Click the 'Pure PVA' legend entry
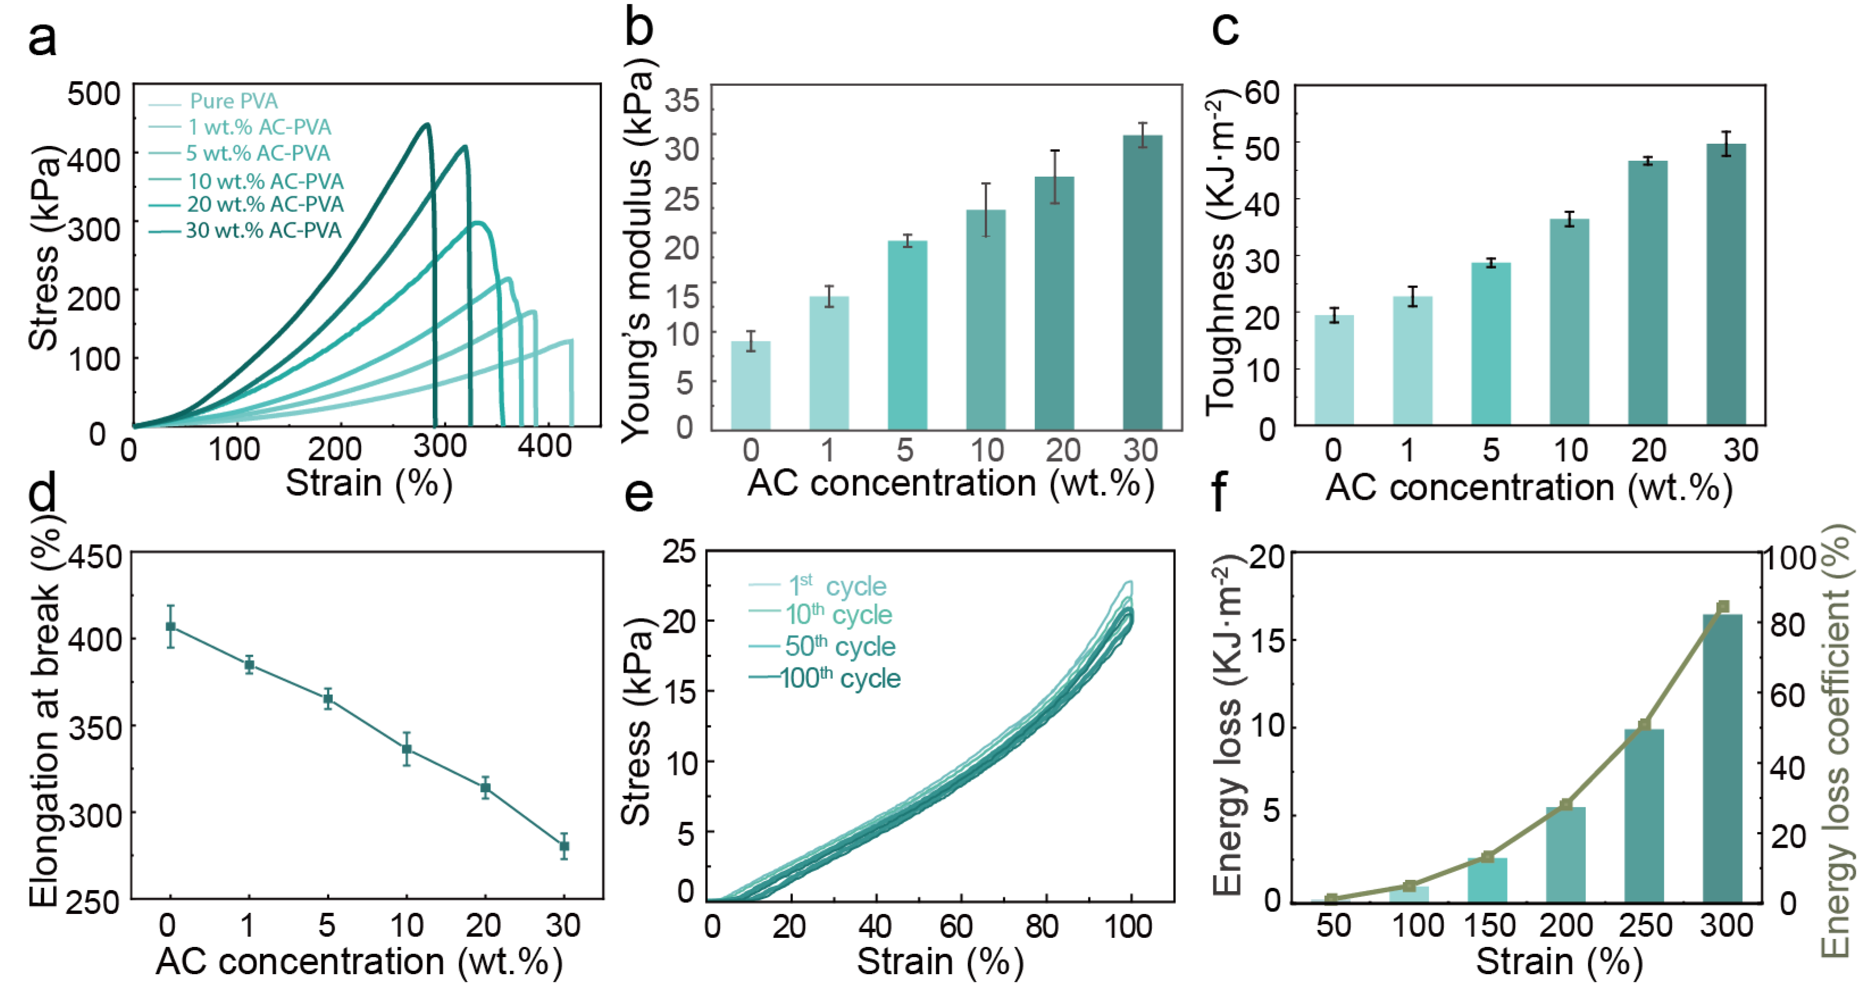click(x=233, y=101)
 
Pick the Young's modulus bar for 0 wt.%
click(x=750, y=385)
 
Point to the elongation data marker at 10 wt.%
click(x=407, y=749)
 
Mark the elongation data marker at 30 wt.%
click(x=564, y=846)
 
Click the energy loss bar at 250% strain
click(x=1644, y=815)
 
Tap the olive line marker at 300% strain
click(x=1723, y=607)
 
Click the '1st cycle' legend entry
click(x=837, y=586)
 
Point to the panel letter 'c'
click(x=1225, y=29)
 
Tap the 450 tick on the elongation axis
click(x=95, y=557)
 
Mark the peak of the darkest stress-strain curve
click(x=427, y=124)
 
